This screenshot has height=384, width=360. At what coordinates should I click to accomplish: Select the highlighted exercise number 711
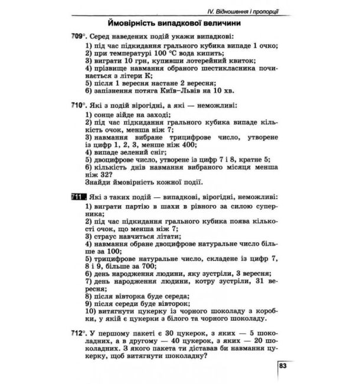click(x=78, y=197)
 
